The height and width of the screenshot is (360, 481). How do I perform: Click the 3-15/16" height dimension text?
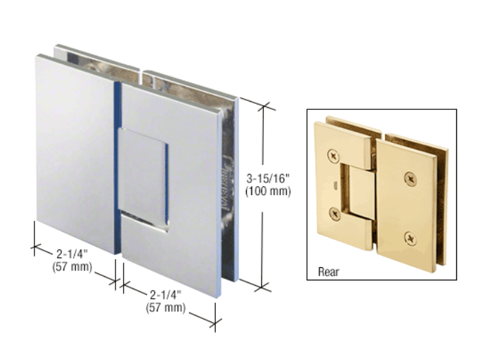268,178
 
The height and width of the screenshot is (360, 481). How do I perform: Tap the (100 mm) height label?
268,191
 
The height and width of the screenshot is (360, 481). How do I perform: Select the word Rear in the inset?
328,271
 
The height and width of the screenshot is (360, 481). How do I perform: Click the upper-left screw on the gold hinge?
333,157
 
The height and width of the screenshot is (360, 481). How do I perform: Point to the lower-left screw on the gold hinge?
335,214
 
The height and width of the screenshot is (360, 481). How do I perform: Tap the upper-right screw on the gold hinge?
410,179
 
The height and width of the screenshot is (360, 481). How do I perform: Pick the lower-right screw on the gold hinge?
410,238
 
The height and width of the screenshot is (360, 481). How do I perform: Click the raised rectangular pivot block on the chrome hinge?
143,177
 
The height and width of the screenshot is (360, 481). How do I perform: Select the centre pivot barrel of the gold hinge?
361,192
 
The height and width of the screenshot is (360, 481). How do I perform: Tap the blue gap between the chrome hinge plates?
118,167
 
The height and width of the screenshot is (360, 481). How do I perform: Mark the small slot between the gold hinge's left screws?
335,185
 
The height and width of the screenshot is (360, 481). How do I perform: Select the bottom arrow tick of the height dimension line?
262,287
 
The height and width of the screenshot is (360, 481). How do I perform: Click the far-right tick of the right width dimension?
215,323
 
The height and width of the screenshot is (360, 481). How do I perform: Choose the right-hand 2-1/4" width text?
166,295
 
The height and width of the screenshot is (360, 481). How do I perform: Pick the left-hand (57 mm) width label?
72,267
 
